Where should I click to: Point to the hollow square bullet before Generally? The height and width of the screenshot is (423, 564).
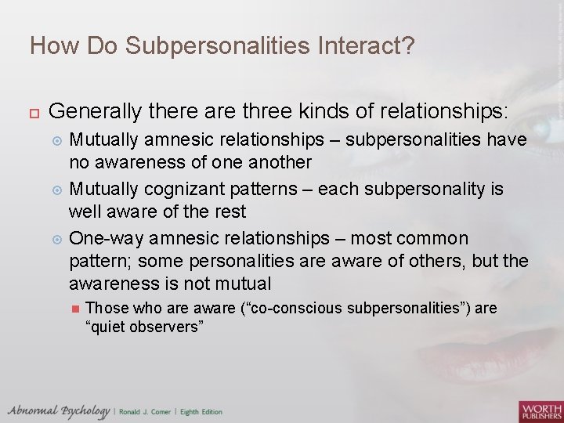coord(34,111)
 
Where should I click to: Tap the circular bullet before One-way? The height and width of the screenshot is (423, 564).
coord(56,239)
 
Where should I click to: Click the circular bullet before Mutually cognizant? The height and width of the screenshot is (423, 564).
coord(56,190)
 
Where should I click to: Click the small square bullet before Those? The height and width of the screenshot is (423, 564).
coord(74,309)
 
